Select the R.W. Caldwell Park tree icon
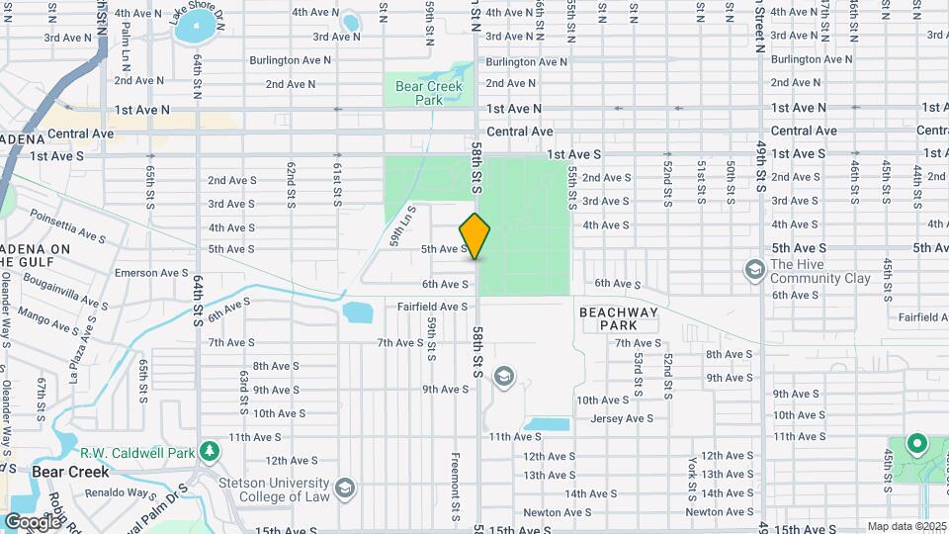point(209,452)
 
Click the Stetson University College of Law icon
point(344,488)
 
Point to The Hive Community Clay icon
point(755,270)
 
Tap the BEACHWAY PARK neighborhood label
point(618,317)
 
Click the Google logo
point(32,521)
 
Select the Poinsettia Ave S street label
point(67,224)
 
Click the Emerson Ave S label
point(151,273)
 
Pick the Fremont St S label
point(455,487)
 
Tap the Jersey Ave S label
point(615,418)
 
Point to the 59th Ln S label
point(403,223)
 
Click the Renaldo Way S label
point(125,492)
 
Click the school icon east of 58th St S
point(505,376)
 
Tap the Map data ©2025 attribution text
point(905,526)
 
